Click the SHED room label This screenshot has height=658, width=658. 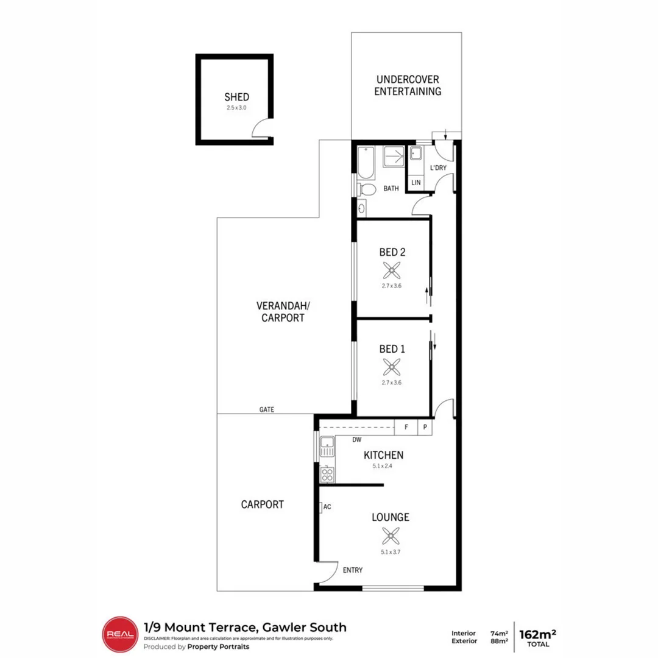[x=236, y=97]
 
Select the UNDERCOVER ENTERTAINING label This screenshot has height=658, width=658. [x=407, y=86]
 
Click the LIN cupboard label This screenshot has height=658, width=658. [x=416, y=182]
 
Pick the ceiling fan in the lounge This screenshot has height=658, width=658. [x=390, y=536]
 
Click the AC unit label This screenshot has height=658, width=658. [x=327, y=506]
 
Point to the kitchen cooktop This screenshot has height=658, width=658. [x=327, y=475]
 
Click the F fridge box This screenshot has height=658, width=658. [x=406, y=428]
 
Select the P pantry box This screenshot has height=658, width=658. [x=425, y=428]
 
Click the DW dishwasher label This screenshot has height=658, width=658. [x=356, y=439]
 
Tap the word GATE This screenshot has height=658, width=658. [x=266, y=409]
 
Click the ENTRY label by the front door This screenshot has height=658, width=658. [x=353, y=570]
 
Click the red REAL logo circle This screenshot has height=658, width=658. [x=119, y=634]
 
